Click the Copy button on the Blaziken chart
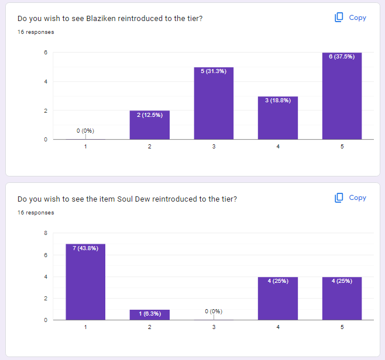350,18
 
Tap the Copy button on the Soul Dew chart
350,198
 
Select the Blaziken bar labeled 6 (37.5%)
342,96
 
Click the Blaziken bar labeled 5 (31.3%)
214,103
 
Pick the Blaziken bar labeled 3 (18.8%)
278,118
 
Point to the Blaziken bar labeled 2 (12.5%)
150,125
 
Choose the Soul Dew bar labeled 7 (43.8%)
85,282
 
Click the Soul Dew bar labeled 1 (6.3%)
150,314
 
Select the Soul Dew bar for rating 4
278,298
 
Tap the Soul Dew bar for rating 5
342,298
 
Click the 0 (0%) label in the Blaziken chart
85,130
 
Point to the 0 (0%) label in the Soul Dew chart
214,311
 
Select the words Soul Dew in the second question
132,199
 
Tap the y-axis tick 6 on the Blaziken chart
46,53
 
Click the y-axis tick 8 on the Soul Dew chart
46,233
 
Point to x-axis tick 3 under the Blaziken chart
214,146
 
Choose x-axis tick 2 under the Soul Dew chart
150,327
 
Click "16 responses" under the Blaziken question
36,32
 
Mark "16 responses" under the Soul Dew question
36,213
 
